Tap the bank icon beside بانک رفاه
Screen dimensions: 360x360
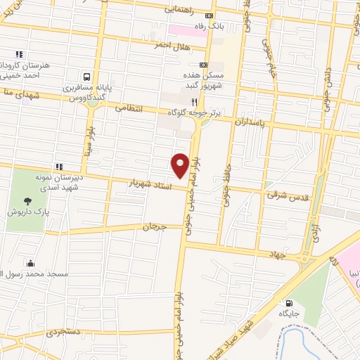[x=209, y=15]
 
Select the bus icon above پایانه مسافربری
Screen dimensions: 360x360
[x=86, y=76]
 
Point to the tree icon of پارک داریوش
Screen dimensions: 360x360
[x=27, y=201]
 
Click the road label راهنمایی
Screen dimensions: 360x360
[x=182, y=10]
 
